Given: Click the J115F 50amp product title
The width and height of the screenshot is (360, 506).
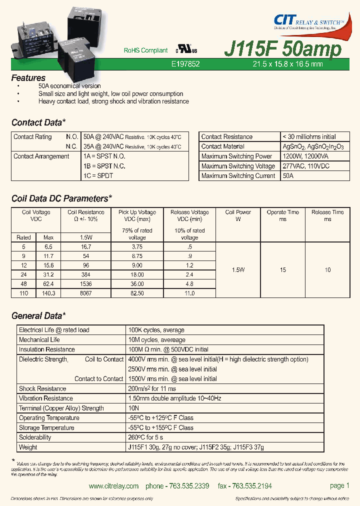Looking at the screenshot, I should click(x=283, y=49).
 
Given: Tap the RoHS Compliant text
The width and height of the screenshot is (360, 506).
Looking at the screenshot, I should click(x=145, y=50).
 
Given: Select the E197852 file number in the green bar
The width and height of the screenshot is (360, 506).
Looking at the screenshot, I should click(x=185, y=64).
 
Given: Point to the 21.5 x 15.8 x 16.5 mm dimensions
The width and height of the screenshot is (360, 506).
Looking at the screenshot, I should click(x=287, y=64).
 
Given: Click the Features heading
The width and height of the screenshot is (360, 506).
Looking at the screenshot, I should click(x=28, y=78).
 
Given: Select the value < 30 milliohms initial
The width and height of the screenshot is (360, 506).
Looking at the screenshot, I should click(x=309, y=137).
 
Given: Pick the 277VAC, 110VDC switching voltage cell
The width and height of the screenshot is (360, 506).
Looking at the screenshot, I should click(x=306, y=166).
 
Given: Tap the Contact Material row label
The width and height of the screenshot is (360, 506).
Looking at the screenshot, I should click(x=222, y=146).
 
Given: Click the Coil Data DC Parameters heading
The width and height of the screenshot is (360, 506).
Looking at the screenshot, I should click(x=61, y=199).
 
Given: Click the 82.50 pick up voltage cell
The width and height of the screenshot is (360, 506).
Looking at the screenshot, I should click(x=137, y=293).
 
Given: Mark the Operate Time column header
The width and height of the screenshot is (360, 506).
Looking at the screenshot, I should click(x=283, y=215).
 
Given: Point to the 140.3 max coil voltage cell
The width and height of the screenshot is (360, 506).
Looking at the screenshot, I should click(x=48, y=293).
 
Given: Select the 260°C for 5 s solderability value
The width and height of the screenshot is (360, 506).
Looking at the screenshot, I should click(x=149, y=437).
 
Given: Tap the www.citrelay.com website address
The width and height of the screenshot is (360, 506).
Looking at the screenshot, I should click(x=113, y=486).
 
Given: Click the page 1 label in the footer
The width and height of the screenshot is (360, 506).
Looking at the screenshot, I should click(x=339, y=485).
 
